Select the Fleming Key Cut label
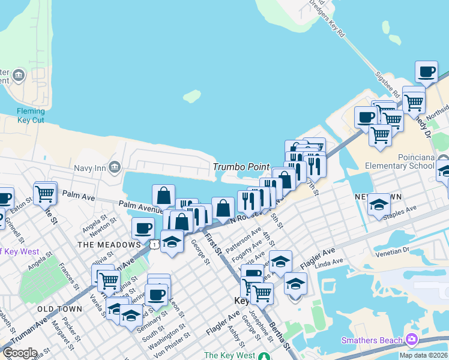(x=31, y=115)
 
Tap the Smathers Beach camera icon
(x=412, y=340)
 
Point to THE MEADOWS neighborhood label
(x=109, y=245)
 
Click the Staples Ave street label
(x=402, y=210)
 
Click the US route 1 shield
(x=155, y=244)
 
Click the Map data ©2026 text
(x=423, y=355)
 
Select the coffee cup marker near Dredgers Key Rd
(x=426, y=72)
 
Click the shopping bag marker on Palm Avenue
(x=163, y=196)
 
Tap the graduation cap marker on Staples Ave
(x=379, y=205)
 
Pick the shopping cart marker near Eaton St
(x=45, y=194)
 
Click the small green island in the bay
(x=191, y=96)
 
